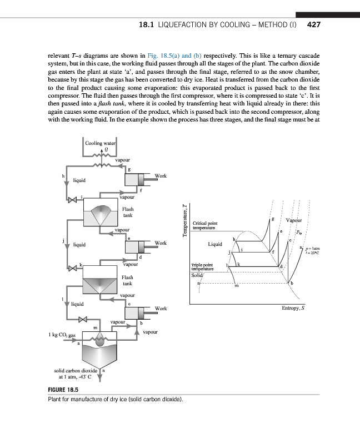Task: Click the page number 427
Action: tap(314, 25)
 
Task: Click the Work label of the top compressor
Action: tap(160, 176)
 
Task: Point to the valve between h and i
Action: tap(72, 198)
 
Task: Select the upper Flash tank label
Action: tap(128, 212)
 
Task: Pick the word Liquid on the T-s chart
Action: tap(215, 244)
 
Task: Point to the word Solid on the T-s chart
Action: tap(197, 275)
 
